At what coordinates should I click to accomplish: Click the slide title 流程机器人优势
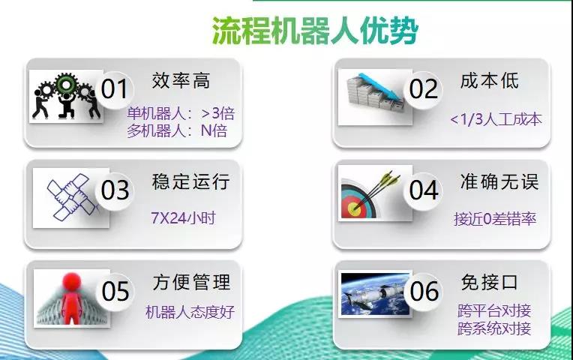click(x=315, y=31)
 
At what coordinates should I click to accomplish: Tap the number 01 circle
click(x=115, y=89)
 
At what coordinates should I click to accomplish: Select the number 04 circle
click(x=423, y=190)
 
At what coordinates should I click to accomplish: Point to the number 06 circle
click(x=424, y=292)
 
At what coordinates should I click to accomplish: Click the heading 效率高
click(x=181, y=81)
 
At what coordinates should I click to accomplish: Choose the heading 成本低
click(x=489, y=81)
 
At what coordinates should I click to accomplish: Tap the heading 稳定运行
click(x=190, y=181)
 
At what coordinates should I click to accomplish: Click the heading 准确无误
click(x=499, y=181)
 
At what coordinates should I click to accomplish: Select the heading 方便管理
click(x=191, y=283)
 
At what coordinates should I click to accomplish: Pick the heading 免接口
click(x=489, y=283)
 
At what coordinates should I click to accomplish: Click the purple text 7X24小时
click(x=183, y=218)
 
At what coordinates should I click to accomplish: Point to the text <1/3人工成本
click(x=496, y=119)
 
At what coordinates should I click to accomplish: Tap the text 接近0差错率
click(x=495, y=219)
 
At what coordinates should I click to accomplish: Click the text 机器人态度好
click(x=190, y=313)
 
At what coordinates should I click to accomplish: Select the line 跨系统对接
click(x=494, y=328)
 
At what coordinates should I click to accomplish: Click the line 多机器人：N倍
click(x=177, y=130)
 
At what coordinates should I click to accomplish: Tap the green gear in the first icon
click(x=66, y=85)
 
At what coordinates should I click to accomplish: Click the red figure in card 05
click(x=72, y=298)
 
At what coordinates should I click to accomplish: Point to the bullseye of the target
click(x=354, y=208)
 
